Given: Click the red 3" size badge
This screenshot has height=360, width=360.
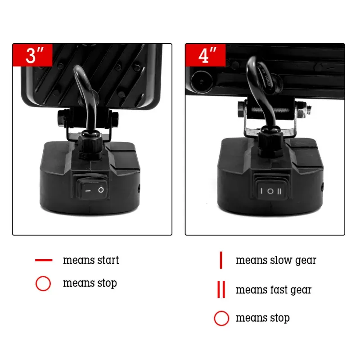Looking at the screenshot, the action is [32, 55].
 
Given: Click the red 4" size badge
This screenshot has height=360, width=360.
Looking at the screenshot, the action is [206, 55].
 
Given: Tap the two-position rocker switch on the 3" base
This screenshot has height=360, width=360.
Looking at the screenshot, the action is [92, 189].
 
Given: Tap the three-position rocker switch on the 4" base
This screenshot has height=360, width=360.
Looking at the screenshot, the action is [271, 190].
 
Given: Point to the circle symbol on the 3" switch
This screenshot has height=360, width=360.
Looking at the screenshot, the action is [101, 190].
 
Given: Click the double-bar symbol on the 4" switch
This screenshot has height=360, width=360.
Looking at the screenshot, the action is [279, 191].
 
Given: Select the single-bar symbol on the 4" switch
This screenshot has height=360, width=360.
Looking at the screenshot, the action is [261, 190].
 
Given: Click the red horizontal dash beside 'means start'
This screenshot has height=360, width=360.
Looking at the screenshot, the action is [44, 260].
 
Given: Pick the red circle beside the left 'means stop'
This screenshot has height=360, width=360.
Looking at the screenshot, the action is [43, 283].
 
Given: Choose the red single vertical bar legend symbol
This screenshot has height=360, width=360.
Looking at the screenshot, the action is [221, 260].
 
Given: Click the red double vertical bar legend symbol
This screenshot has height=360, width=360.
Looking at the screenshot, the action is [221, 289].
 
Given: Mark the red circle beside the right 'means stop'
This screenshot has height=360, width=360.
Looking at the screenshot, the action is [221, 318].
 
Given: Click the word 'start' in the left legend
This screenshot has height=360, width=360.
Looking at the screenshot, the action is [108, 260].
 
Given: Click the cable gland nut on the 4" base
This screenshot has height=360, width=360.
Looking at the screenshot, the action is [270, 142].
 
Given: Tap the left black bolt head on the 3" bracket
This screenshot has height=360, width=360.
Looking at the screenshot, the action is [62, 118].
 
